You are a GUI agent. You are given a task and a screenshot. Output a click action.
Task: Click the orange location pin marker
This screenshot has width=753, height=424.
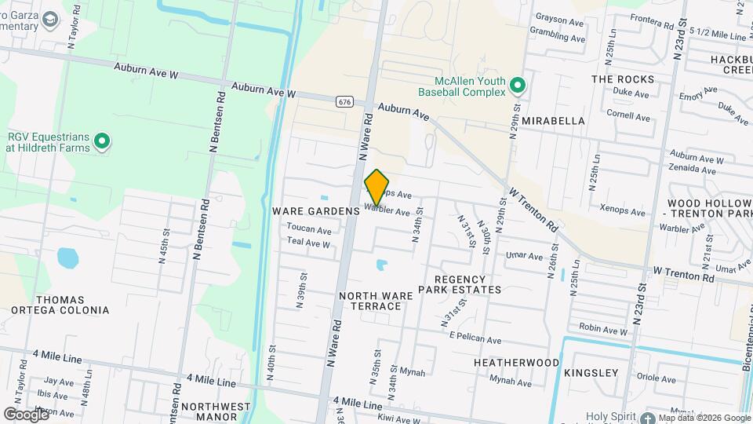click(x=377, y=187)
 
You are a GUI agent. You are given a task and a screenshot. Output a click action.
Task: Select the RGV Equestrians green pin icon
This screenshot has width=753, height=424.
click(x=101, y=142)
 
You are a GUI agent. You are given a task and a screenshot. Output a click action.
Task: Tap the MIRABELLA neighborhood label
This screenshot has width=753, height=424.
click(x=554, y=121)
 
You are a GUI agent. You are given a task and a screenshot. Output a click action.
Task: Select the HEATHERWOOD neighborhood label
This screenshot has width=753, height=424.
click(x=516, y=363)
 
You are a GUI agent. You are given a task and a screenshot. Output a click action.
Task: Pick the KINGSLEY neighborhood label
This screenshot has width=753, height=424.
click(x=591, y=372)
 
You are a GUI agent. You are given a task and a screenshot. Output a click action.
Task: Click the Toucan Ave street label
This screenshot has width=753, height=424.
click(x=309, y=230)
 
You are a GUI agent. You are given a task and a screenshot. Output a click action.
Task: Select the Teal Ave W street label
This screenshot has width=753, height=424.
click(x=308, y=243)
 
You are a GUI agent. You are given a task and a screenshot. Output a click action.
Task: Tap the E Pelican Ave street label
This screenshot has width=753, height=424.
click(x=475, y=340)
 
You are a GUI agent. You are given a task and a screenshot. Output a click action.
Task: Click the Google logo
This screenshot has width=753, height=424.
click(x=27, y=413)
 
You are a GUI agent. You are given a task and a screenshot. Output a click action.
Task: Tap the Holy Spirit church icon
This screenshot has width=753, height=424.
click(x=648, y=418)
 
